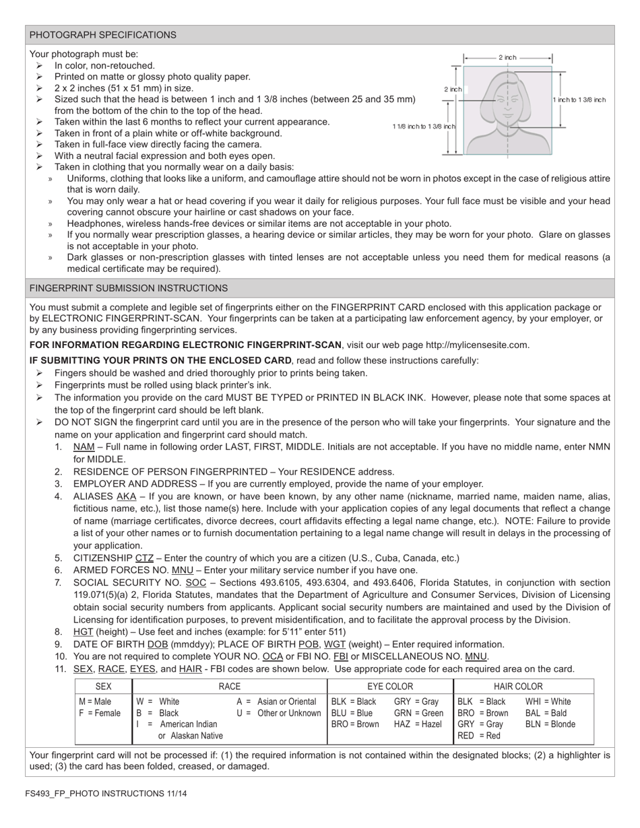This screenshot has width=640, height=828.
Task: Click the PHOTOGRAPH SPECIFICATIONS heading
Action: (x=103, y=35)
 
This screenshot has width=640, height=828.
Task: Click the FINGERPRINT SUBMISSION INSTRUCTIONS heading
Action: (x=129, y=288)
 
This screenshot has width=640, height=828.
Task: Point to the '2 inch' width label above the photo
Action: (x=507, y=58)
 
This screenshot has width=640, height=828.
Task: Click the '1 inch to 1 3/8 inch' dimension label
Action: (x=579, y=100)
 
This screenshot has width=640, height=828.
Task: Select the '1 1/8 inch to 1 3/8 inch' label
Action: (x=424, y=127)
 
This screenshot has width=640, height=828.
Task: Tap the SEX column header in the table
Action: (x=104, y=687)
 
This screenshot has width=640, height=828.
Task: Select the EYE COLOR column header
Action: (x=390, y=687)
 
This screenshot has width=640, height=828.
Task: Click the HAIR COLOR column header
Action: (x=518, y=687)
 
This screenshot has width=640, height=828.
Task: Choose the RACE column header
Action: (x=230, y=687)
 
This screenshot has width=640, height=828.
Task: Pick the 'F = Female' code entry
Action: (x=100, y=713)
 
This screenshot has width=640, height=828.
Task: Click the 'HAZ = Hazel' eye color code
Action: (x=418, y=724)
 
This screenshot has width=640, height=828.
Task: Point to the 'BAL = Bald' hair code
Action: (x=546, y=713)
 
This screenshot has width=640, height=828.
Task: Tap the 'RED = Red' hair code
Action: (x=479, y=736)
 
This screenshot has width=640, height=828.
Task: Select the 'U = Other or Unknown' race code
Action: (x=279, y=713)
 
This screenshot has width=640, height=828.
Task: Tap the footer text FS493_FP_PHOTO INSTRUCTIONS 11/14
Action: (x=106, y=794)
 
